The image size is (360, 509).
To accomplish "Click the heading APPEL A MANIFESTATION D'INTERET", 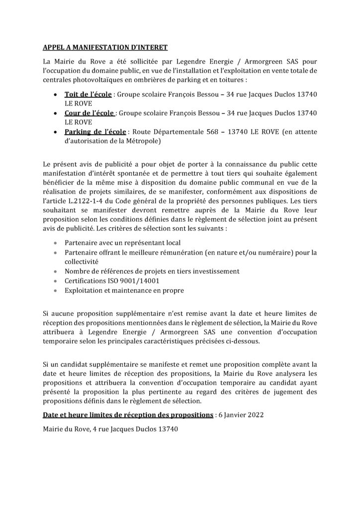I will [104, 48].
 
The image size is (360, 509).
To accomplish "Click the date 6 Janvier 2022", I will [243, 415].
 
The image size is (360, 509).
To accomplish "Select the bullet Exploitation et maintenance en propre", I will [124, 290].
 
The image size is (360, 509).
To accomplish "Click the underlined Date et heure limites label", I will [128, 415].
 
